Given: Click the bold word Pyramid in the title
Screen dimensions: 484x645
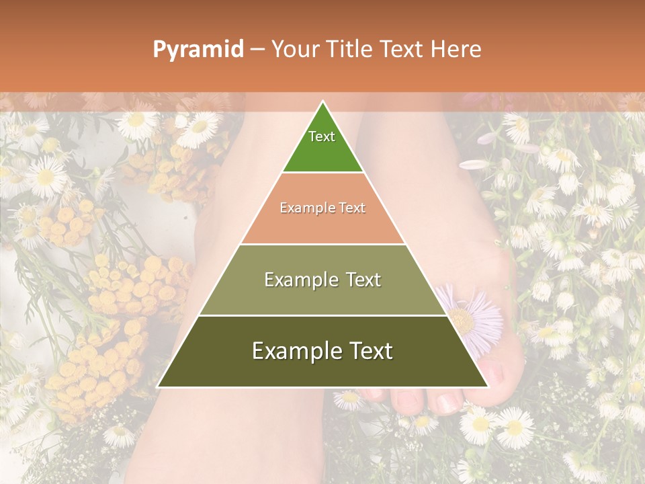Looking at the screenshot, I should coord(198,49).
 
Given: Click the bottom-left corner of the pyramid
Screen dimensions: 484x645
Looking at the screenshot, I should coord(158,387).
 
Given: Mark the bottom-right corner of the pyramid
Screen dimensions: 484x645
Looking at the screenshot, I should coord(488,387).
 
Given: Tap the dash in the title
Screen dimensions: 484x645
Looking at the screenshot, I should coord(257,49).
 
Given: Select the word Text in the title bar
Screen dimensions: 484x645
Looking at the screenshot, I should coord(404,49).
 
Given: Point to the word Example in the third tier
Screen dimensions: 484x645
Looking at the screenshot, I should coord(299,280).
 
